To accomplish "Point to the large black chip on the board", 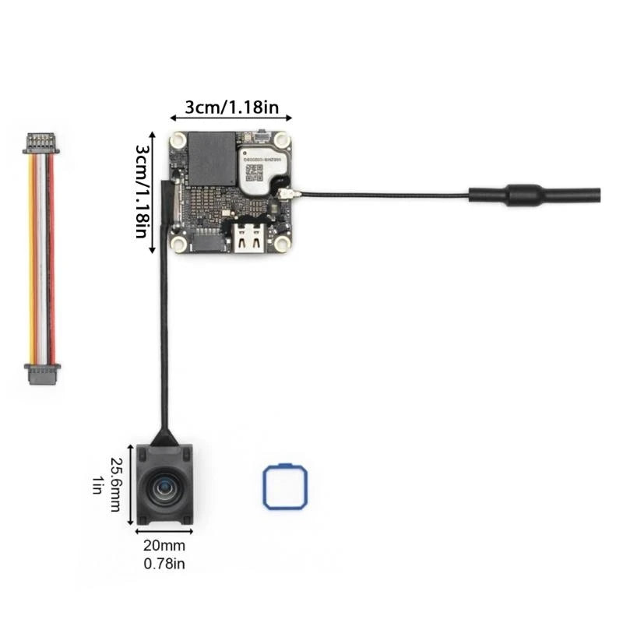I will [x=212, y=159].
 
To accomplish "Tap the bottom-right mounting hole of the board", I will [x=282, y=244].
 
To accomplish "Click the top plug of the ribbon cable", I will [x=40, y=143].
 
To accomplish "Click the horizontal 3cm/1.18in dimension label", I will [x=231, y=107].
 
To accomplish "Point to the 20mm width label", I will [x=164, y=547].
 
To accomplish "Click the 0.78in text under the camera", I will [x=164, y=562].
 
